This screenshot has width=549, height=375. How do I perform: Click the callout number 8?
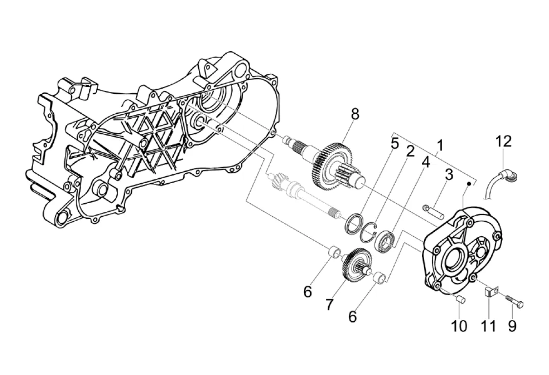pos(355,114)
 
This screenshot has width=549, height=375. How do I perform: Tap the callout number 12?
pos(504,141)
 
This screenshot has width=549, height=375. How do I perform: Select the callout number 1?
pos(440,146)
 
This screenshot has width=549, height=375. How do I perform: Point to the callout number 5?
pos(395,143)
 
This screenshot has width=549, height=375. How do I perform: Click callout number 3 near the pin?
pos(449,174)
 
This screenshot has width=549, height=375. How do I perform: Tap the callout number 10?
pos(459,326)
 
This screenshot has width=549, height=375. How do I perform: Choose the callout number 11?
pos(488,326)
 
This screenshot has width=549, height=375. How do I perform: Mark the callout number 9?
pos(512,326)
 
